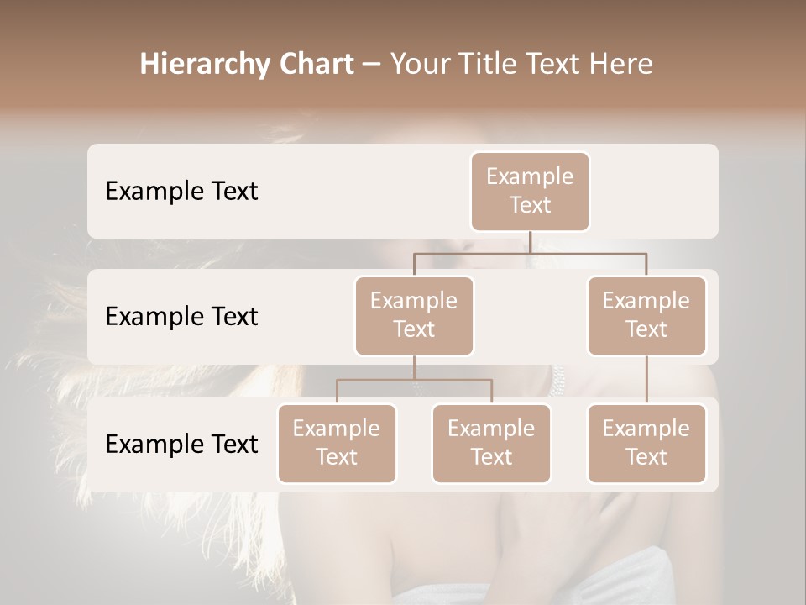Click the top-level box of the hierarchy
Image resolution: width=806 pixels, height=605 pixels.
tap(530, 191)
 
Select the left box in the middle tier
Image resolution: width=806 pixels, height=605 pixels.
tap(414, 315)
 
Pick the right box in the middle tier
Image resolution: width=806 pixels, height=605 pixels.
tap(646, 315)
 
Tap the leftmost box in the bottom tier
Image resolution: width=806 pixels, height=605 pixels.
tap(337, 443)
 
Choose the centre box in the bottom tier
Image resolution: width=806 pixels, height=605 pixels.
tap(491, 443)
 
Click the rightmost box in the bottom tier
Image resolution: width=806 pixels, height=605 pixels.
tap(646, 443)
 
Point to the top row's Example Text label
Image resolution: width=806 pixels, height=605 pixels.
tap(181, 192)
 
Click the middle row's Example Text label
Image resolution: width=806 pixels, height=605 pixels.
tap(181, 317)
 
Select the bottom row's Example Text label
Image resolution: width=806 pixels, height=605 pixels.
tap(181, 445)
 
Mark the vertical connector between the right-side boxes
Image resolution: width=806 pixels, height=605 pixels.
tap(646, 380)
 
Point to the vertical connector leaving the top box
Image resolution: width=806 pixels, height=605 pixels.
tap(530, 242)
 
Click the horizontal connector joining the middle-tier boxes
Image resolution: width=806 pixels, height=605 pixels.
tap(530, 253)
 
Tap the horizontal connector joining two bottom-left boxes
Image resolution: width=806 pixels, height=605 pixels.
tap(414, 380)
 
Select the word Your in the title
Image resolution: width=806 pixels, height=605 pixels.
tap(418, 65)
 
